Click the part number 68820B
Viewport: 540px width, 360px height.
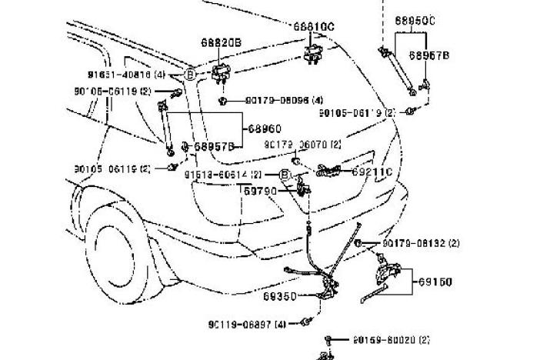[222, 44]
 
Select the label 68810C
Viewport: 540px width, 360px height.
[314, 26]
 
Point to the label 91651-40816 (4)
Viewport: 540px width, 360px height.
[126, 75]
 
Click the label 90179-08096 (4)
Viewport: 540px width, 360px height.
[284, 100]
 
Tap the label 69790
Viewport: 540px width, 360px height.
[261, 191]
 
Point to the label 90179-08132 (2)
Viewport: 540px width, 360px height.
[421, 243]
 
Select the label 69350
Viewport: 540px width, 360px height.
[278, 295]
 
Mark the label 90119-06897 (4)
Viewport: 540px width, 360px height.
[246, 325]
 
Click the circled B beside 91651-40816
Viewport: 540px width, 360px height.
[189, 75]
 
